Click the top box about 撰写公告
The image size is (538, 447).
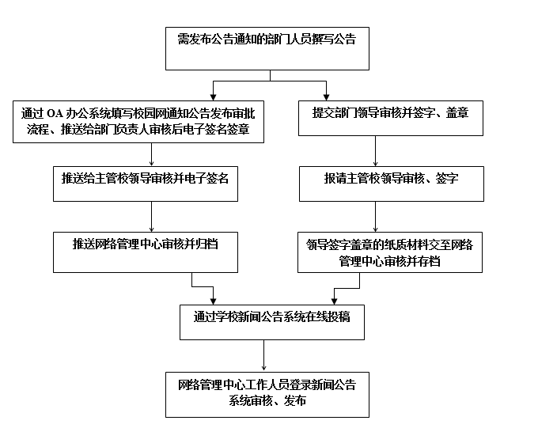tap(267, 49)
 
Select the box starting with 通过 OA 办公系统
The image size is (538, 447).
tap(138, 121)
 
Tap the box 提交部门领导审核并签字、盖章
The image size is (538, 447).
tap(391, 118)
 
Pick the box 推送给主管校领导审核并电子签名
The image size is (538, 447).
tap(146, 184)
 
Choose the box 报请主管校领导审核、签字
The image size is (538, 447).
tap(392, 184)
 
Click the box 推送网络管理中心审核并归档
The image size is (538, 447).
tap(146, 252)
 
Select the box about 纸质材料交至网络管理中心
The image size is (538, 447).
tap(390, 252)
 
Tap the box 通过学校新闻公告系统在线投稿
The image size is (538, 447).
tap(272, 322)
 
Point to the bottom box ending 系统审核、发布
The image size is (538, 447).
tap(267, 395)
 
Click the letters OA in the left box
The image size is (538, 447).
tap(55, 113)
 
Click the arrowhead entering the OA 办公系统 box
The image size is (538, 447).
tap(213, 97)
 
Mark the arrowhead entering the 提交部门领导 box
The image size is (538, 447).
tap(326, 97)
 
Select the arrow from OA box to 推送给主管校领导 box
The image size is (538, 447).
tap(151, 154)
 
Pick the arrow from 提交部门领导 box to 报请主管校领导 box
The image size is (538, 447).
tap(375, 151)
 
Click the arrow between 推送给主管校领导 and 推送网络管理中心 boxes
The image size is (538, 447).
tap(151, 217)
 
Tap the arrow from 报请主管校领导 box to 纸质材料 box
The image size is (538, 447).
tap(375, 217)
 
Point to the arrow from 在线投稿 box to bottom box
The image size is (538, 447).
tap(263, 355)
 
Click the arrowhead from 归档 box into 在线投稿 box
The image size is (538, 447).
tap(213, 301)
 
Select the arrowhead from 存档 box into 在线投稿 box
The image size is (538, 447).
tap(335, 301)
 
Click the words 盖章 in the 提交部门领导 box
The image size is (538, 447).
tap(457, 113)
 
